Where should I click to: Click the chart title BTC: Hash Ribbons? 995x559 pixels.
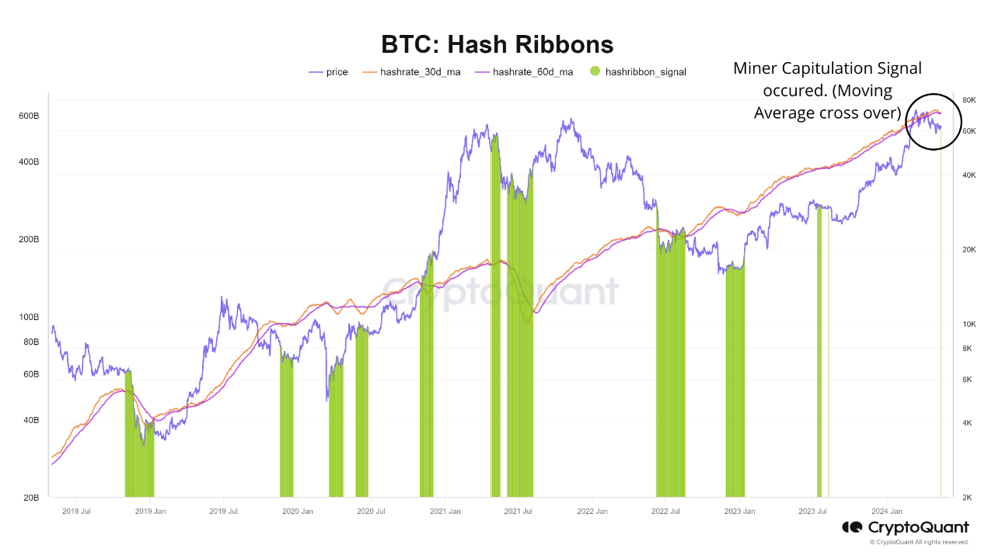click(497, 43)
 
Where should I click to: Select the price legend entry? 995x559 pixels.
click(329, 72)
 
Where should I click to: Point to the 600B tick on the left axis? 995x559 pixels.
click(29, 116)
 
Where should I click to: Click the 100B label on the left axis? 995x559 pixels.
click(29, 318)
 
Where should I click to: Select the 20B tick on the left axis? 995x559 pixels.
click(30, 498)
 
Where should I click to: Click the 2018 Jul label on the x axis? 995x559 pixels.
click(76, 512)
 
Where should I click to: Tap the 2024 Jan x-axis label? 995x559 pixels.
click(885, 512)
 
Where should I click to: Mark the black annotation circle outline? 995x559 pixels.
click(906, 120)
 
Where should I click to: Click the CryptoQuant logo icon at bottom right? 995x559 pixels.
click(853, 528)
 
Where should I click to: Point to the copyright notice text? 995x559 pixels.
click(919, 542)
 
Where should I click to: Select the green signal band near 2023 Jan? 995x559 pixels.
click(735, 380)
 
